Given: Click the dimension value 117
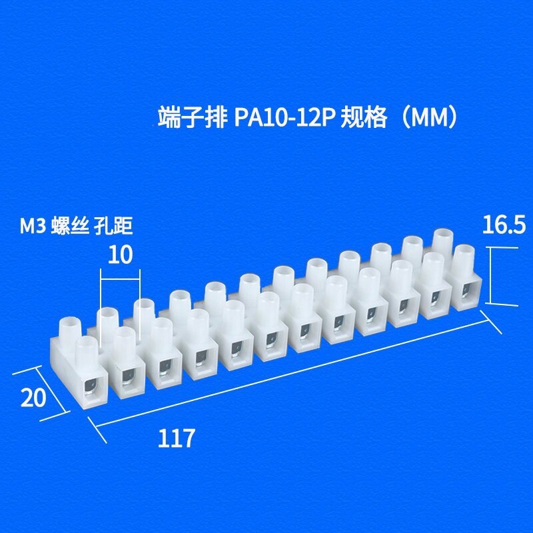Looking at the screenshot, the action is coord(177,438).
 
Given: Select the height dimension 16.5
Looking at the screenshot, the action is coord(504,226).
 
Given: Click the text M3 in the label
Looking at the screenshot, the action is coord(33,227).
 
